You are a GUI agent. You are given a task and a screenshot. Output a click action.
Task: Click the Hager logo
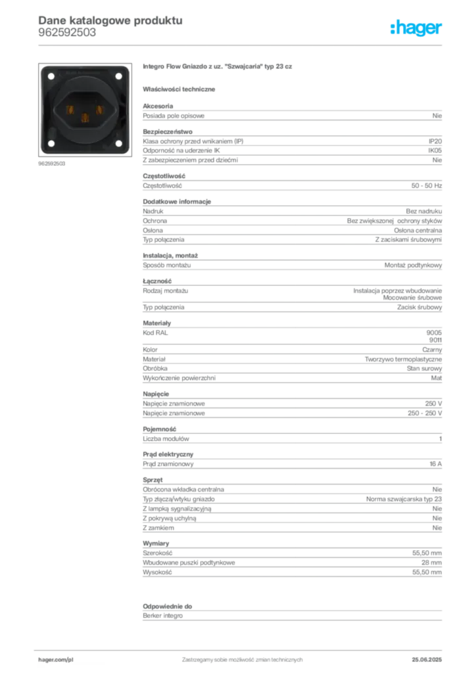point(416,28)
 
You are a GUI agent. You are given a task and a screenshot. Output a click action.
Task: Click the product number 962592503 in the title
point(67,33)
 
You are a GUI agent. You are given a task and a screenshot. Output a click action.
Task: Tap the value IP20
point(435,141)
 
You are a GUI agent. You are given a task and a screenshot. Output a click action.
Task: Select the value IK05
point(435,151)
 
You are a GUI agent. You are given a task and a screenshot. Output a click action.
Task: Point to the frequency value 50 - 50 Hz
point(426,186)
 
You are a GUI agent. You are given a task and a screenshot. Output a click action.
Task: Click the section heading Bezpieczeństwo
point(168,131)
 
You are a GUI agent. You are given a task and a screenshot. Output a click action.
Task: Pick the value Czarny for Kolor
point(432,350)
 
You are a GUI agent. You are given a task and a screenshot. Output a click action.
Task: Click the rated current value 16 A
point(435,464)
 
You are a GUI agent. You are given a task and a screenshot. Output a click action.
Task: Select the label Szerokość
point(157,553)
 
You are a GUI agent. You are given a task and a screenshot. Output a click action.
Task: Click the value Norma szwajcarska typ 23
point(404,499)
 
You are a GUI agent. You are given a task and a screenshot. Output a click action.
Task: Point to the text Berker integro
point(162,616)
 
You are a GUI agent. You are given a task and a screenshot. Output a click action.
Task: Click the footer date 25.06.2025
point(427,660)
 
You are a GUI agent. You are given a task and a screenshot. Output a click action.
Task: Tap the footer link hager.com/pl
point(56,660)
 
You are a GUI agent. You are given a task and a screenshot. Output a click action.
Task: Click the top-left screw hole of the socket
point(51,76)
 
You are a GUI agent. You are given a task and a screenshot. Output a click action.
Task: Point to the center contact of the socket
point(85,117)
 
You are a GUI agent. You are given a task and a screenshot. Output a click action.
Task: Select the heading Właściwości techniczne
point(179,89)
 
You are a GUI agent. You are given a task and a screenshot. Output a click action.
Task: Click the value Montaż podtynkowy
point(413,266)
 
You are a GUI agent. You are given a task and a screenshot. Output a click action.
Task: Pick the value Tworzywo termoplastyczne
point(403,360)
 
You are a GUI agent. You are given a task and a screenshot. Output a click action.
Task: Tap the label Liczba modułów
point(166,438)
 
